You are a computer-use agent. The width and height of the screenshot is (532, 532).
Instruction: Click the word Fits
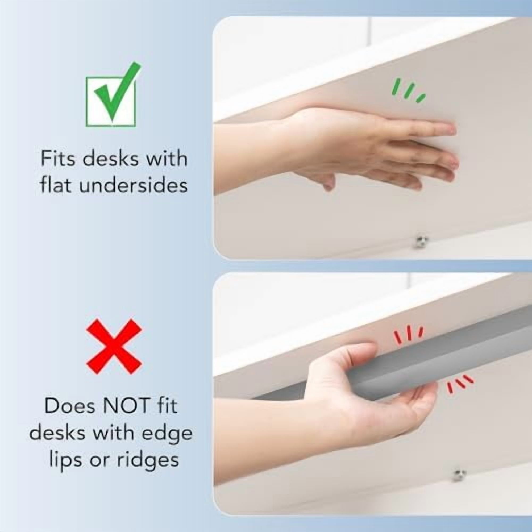pyautogui.click(x=58, y=159)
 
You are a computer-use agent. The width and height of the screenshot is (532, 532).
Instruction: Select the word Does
pyautogui.click(x=70, y=406)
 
